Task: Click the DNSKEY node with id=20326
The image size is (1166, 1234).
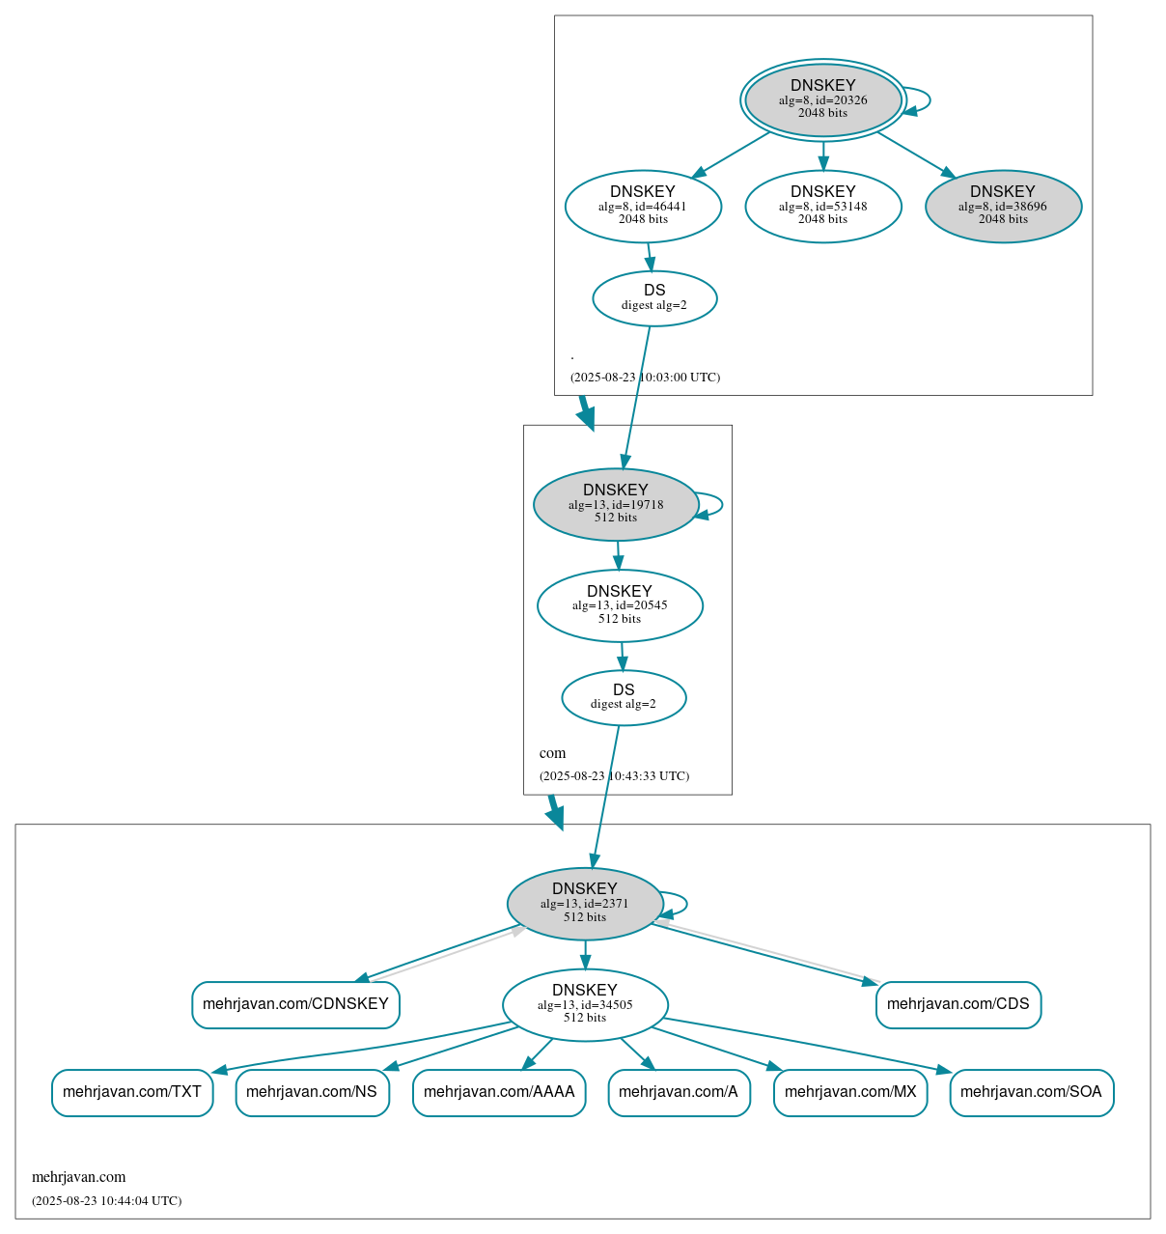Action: tap(822, 99)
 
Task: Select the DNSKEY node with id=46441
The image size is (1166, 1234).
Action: tap(643, 206)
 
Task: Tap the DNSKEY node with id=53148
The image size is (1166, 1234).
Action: tap(822, 206)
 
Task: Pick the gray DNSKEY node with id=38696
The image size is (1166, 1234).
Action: tap(1003, 206)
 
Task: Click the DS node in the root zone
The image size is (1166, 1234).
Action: tap(654, 298)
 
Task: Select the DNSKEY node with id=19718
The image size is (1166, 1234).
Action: tap(616, 504)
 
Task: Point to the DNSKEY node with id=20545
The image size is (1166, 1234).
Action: tap(620, 605)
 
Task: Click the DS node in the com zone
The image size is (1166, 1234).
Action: tap(624, 697)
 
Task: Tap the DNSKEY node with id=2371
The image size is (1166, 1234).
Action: tap(585, 903)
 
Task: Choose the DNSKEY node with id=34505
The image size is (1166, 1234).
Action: tap(585, 1004)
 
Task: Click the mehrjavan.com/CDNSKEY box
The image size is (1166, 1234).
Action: tap(295, 1004)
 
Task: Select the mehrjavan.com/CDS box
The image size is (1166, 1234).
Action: tap(958, 1004)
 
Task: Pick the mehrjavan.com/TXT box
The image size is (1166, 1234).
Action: tap(132, 1092)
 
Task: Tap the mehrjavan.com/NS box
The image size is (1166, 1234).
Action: tap(312, 1092)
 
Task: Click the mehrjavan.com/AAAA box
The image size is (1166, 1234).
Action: tap(499, 1092)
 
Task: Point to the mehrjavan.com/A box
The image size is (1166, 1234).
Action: tap(679, 1092)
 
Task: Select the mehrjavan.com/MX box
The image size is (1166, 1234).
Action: tap(850, 1092)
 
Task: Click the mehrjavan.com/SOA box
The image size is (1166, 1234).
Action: tap(1031, 1092)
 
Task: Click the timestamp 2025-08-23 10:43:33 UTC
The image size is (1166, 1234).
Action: tap(614, 775)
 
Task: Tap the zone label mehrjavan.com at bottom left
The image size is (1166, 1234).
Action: tap(79, 1177)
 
